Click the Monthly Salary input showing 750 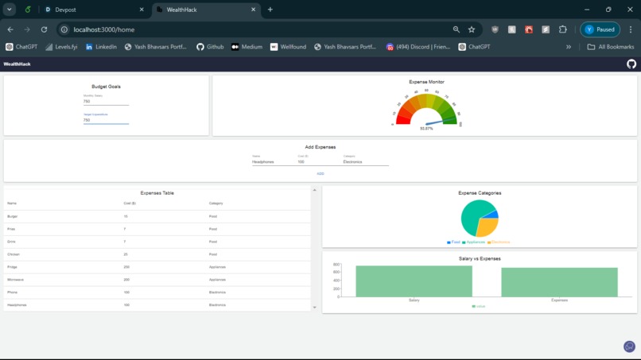105,102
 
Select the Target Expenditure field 105,120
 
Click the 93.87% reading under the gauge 426,128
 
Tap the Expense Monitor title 426,82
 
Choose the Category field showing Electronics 365,161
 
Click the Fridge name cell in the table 12,267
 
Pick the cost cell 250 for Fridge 126,267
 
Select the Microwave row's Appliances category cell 217,280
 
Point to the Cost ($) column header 129,203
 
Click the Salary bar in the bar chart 414,281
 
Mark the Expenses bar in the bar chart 559,282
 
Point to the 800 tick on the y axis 336,265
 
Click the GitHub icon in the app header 631,64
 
